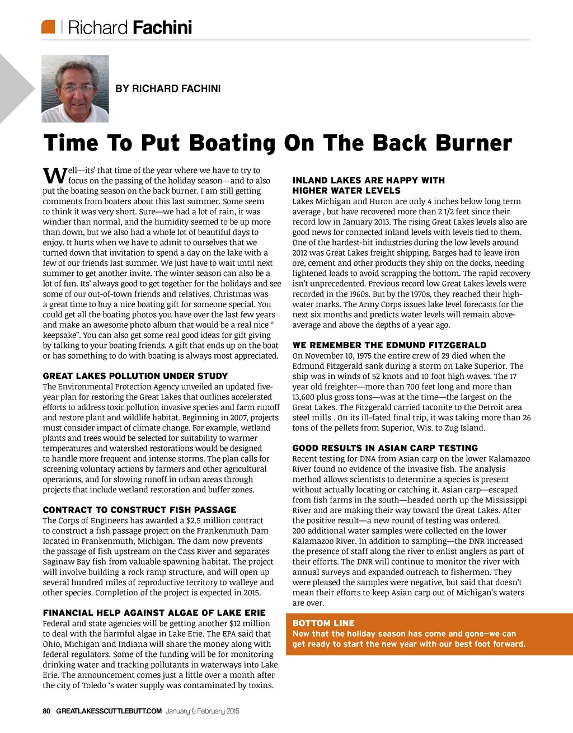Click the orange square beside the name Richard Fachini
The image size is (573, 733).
[x=48, y=27]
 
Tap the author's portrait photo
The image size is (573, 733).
[x=75, y=88]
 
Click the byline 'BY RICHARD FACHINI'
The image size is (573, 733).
[x=168, y=88]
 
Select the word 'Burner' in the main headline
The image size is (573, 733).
[x=474, y=143]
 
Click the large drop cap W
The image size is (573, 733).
[x=55, y=175]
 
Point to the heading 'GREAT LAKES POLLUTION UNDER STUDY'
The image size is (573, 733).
[x=135, y=376]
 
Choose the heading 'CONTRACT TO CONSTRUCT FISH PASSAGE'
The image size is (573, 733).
[x=139, y=510]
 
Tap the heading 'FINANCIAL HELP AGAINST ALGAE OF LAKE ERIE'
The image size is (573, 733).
[x=154, y=613]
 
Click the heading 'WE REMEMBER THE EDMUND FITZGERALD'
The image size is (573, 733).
[x=389, y=345]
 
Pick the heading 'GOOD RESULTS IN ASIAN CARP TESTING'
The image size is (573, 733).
[x=385, y=448]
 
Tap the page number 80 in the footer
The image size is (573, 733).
[x=46, y=711]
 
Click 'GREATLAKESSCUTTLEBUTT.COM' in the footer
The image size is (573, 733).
[x=109, y=711]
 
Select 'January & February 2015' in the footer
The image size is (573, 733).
[x=202, y=711]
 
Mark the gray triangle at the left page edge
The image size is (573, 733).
[x=14, y=88]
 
